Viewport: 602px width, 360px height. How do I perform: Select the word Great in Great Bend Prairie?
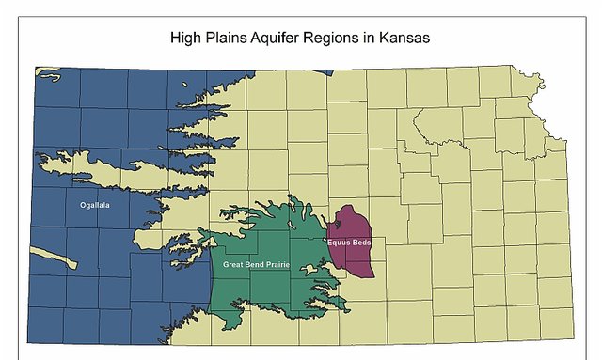click(x=234, y=265)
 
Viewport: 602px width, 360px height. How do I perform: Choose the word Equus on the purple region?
click(x=340, y=243)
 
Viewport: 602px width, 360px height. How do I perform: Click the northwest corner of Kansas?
click(x=37, y=68)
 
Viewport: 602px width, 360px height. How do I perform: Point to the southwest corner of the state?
click(x=29, y=342)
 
